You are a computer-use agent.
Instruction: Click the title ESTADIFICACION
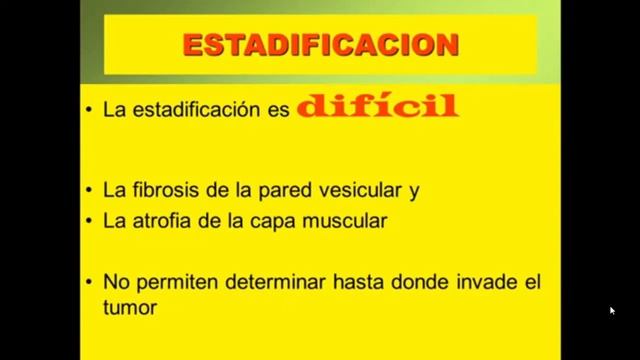point(321,44)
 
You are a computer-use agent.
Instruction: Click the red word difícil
point(377,107)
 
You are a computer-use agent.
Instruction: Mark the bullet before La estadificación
point(89,111)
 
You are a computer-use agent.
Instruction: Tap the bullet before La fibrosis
point(89,189)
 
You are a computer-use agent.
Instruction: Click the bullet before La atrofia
point(89,220)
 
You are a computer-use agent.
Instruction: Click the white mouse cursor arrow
point(612,310)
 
